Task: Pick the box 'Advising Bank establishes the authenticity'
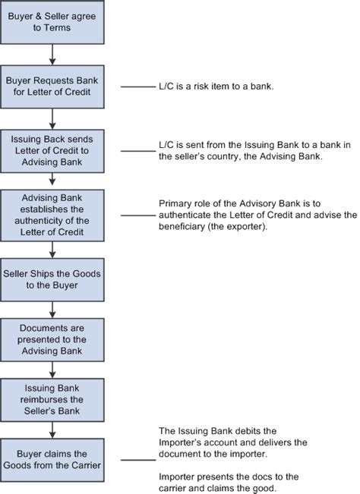[52, 216]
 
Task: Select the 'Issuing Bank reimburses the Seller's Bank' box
[52, 398]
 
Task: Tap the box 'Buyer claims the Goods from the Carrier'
[52, 459]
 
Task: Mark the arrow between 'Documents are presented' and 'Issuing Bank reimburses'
[52, 369]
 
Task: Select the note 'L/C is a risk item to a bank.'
[216, 88]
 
